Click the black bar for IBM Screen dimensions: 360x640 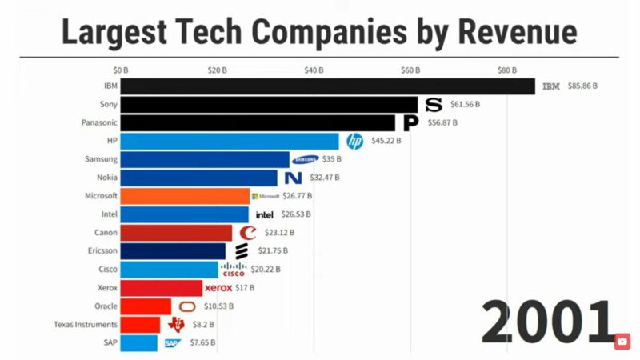point(328,86)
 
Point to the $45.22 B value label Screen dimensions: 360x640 point(386,141)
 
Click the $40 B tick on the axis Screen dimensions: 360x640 point(314,70)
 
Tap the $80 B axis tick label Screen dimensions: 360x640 point(507,70)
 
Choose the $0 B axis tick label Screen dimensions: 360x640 point(120,70)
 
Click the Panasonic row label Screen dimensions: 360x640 point(99,122)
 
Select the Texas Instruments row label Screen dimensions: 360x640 point(86,325)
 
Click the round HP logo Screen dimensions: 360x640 point(354,141)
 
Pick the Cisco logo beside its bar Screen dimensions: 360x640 point(234,270)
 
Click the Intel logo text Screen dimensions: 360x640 point(264,214)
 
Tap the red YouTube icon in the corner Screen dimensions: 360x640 point(622,342)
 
